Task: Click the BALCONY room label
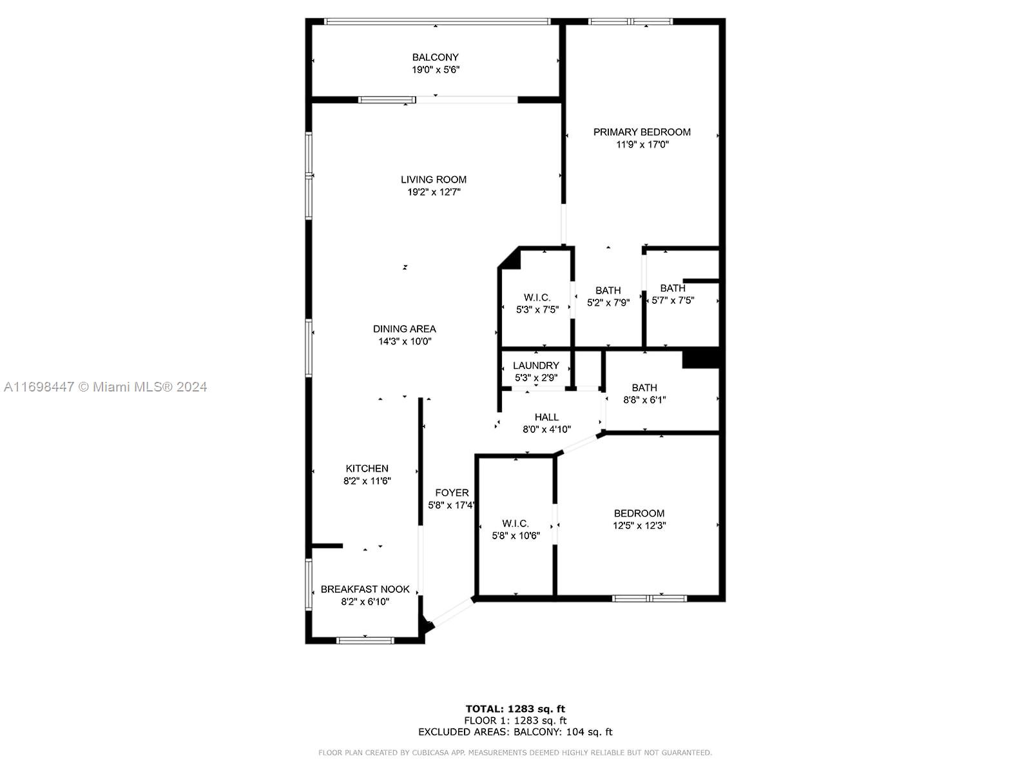tap(435, 57)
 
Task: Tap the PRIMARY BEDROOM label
tap(642, 132)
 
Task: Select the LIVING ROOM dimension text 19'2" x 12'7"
tap(434, 192)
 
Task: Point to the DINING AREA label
tap(405, 329)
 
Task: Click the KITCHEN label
tap(367, 468)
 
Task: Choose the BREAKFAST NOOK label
tap(365, 590)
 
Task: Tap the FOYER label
tap(452, 493)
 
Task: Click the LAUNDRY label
tap(536, 366)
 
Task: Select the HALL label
tap(546, 417)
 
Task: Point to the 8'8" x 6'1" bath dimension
tap(644, 400)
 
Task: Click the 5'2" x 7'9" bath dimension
tap(608, 303)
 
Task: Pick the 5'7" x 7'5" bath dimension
tap(673, 301)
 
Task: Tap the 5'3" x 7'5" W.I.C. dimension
tap(537, 310)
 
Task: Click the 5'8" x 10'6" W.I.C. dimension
tap(515, 536)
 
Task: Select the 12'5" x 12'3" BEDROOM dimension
tap(639, 526)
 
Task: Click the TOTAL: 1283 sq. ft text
tap(515, 709)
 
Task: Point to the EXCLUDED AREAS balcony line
tap(515, 731)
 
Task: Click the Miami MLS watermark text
tap(105, 387)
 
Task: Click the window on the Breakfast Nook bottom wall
tap(365, 640)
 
